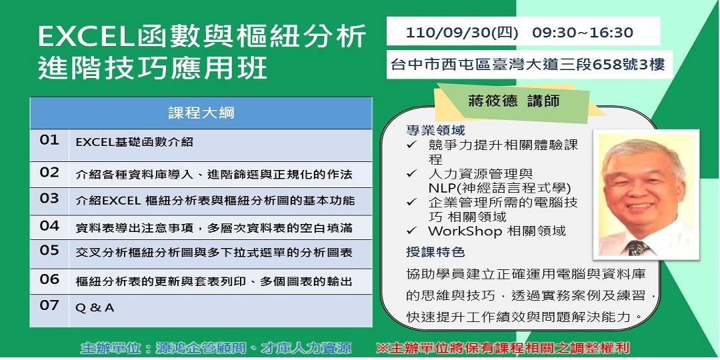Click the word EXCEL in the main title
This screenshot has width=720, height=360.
86,37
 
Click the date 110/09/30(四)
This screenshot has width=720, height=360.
462,33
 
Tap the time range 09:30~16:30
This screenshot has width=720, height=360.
583,33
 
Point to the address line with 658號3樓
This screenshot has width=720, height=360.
527,65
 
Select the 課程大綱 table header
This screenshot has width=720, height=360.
201,113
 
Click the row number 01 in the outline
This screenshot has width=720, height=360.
49,140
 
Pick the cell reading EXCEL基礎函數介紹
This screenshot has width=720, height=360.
135,143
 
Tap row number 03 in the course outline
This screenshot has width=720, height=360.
49,199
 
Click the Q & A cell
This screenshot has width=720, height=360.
95,308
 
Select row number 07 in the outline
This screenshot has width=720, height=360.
49,305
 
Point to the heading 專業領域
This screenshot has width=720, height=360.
435,131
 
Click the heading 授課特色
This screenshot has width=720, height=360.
435,251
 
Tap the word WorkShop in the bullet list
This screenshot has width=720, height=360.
465,231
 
